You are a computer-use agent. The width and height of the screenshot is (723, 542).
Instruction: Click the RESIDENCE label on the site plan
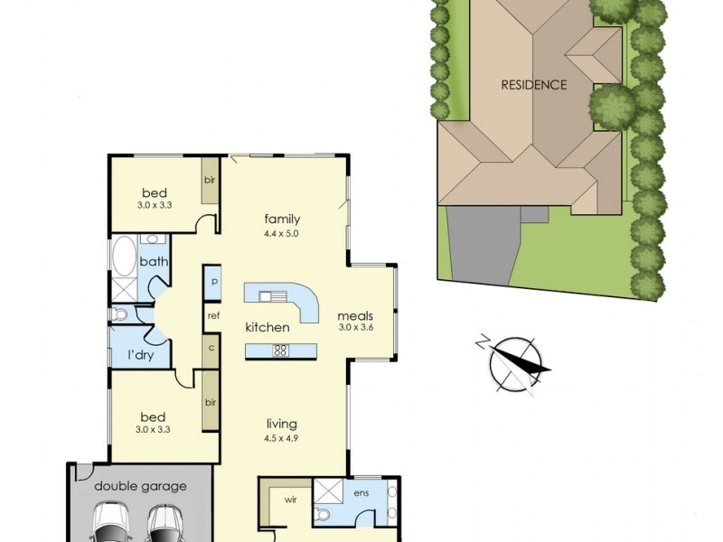click(534, 85)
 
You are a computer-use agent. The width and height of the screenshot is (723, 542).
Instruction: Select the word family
click(282, 219)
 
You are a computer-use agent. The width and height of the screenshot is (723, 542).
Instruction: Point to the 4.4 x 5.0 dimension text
click(282, 233)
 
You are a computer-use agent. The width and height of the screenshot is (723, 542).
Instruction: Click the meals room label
click(355, 316)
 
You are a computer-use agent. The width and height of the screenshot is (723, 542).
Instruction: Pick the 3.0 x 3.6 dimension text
click(355, 328)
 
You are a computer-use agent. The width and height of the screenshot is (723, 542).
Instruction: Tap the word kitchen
click(268, 327)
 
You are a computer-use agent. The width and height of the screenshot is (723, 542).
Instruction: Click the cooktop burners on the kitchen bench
click(281, 351)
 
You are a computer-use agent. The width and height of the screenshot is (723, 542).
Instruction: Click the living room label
click(281, 424)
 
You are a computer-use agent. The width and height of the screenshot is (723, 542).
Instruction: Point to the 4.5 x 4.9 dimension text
click(281, 438)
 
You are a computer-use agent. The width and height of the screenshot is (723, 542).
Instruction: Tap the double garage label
click(141, 486)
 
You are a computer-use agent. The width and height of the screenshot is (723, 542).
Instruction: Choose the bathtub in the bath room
click(122, 257)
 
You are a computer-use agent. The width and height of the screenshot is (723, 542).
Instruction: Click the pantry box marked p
click(213, 282)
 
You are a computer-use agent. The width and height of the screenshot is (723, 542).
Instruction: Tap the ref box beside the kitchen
click(213, 316)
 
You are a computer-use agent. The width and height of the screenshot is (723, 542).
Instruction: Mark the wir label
click(292, 498)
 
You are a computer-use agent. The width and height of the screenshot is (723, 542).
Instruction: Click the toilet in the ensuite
click(323, 516)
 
